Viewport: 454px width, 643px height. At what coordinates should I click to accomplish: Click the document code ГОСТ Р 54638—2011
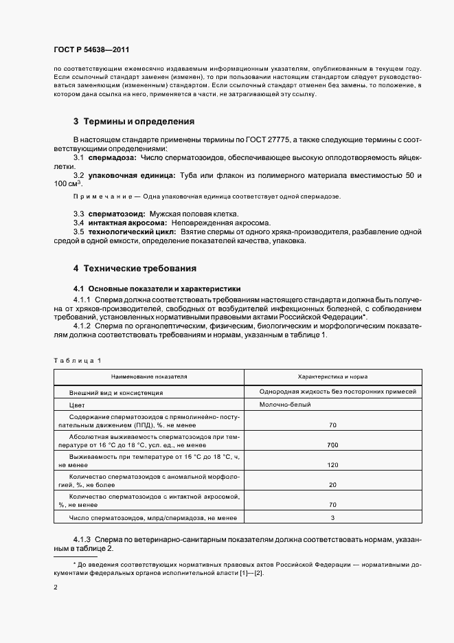click(x=91, y=50)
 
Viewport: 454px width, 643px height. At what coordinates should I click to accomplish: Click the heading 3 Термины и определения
click(x=134, y=122)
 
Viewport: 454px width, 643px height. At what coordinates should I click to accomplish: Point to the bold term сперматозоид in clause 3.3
click(x=114, y=214)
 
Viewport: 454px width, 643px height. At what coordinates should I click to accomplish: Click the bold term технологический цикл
click(x=132, y=232)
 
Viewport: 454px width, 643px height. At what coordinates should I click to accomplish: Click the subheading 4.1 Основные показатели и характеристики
click(x=157, y=289)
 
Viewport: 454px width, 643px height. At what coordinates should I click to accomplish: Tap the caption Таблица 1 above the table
click(x=77, y=360)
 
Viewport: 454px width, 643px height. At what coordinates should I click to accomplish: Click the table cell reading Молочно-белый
click(x=285, y=405)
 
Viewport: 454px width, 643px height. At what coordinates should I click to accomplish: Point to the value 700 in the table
click(x=332, y=446)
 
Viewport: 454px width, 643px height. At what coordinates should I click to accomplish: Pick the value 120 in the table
click(x=332, y=465)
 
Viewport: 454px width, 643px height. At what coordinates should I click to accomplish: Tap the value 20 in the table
click(x=332, y=485)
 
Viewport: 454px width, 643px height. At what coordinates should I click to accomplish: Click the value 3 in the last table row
click(x=332, y=517)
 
